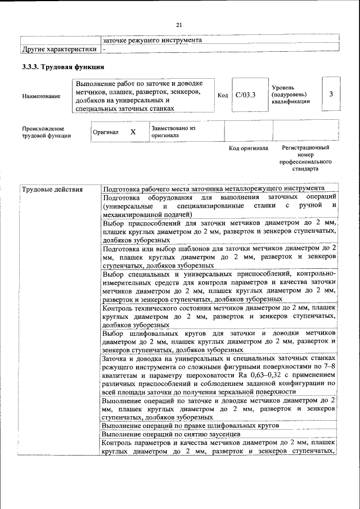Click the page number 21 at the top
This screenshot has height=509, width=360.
[179, 25]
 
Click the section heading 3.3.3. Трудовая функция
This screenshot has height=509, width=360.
[63, 67]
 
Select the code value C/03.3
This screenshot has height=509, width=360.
[246, 95]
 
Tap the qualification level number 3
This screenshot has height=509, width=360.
[331, 94]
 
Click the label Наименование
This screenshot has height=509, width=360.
[41, 96]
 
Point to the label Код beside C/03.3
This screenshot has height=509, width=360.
[223, 95]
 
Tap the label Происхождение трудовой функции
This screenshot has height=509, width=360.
[46, 132]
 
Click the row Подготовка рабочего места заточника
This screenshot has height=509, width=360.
[213, 188]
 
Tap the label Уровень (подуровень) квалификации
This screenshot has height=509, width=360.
[290, 94]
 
